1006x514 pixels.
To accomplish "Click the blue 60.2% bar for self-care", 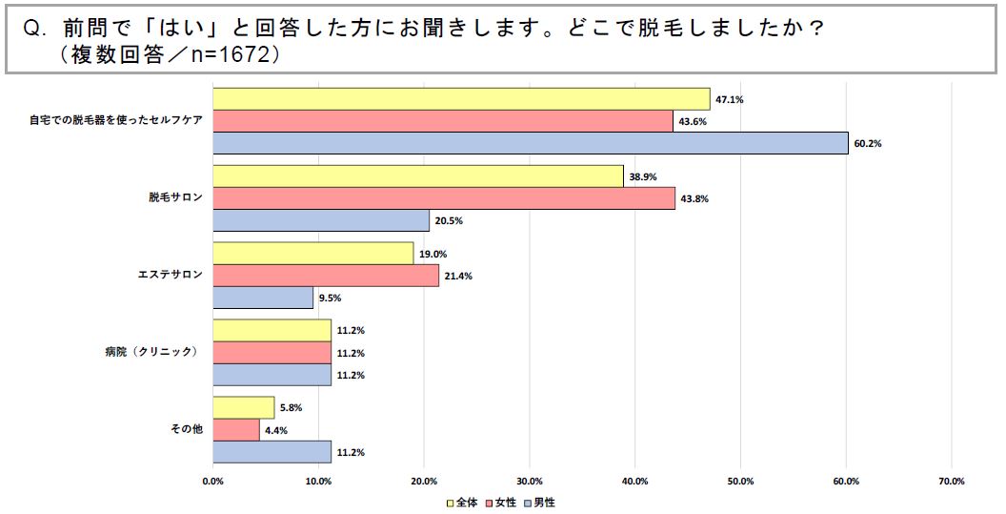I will point(530,143).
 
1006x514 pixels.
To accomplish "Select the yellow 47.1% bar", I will point(461,99).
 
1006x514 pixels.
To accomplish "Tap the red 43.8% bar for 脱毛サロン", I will point(444,198).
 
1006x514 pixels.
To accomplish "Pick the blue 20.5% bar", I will point(321,220).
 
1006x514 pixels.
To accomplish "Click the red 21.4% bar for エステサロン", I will point(326,276).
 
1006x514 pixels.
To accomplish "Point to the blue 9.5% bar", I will point(263,298).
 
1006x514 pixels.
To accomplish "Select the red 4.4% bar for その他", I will point(236,430).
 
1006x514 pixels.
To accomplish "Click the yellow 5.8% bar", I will point(244,408).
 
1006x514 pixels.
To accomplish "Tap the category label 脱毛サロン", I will point(175,198).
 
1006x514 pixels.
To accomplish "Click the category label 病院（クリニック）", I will point(151,352).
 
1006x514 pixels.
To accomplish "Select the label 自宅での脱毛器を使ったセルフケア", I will point(115,121).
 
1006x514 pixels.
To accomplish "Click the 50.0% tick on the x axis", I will point(740,480).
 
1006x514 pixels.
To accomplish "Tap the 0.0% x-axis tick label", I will point(212,480).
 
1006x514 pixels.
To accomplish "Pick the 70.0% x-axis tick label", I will point(951,480).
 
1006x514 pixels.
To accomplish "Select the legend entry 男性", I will point(544,502).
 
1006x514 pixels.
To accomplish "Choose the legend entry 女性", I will point(505,502).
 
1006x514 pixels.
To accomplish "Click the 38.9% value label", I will point(643,176).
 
